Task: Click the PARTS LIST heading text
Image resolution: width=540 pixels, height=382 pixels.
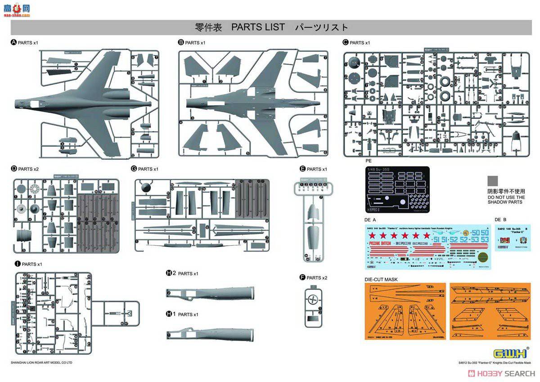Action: click(258, 27)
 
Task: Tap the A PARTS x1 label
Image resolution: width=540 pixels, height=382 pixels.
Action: click(25, 43)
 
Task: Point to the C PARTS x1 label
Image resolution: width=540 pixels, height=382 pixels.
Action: click(356, 43)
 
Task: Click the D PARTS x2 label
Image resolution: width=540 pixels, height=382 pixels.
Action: click(25, 169)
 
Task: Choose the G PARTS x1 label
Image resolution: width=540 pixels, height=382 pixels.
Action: click(145, 169)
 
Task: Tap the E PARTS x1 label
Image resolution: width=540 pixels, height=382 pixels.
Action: click(313, 169)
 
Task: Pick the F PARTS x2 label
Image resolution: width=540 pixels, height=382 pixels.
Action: click(313, 278)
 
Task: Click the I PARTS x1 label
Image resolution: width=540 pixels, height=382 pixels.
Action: click(28, 264)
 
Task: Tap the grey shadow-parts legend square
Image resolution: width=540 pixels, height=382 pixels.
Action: click(493, 181)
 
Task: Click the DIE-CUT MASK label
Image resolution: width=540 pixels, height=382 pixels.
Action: click(381, 279)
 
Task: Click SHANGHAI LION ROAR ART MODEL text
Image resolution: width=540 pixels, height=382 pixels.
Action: click(41, 362)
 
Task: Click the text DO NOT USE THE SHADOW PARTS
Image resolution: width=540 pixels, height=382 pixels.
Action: click(506, 200)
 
